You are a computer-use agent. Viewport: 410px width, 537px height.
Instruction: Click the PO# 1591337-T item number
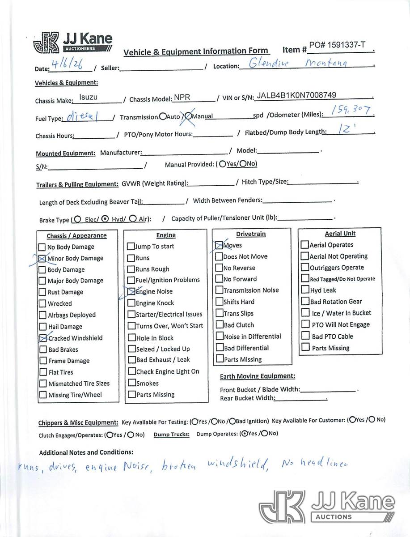337,45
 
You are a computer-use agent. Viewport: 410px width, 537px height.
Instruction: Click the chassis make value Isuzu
88,97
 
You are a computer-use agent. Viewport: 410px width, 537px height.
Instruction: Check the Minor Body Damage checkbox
42,258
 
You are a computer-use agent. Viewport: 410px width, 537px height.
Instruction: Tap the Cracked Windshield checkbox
42,338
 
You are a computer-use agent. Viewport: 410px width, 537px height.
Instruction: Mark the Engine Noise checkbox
131,291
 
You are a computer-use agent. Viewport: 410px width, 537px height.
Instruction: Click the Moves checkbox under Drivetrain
219,245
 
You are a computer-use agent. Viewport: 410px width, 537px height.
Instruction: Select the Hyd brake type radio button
105,219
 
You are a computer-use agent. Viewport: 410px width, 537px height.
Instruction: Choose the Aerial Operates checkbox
305,245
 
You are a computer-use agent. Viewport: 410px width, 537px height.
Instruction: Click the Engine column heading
166,235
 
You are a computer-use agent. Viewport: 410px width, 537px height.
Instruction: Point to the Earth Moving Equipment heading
258,376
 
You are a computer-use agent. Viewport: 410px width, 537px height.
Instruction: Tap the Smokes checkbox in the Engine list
131,383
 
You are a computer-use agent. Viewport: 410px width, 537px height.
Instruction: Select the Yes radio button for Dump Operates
243,433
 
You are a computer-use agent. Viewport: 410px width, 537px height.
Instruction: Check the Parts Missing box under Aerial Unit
306,347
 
